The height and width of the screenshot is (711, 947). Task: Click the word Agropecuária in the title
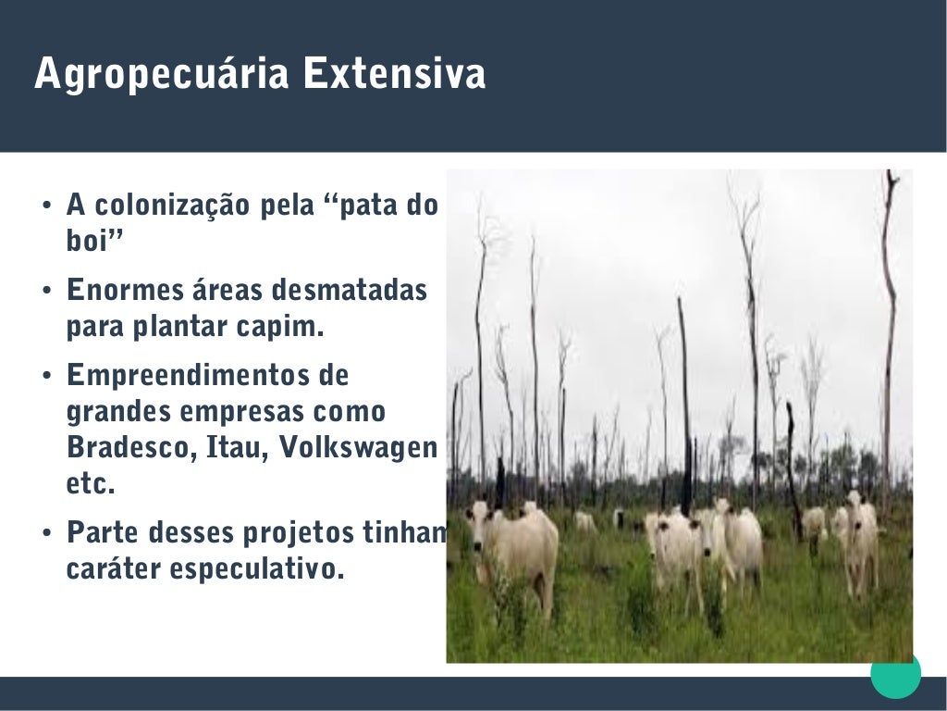pos(161,74)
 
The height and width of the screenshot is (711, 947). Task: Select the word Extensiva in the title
pos(394,73)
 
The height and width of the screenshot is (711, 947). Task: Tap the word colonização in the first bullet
pos(173,206)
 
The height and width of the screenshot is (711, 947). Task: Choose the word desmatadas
pos(349,290)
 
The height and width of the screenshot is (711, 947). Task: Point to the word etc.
pos(91,483)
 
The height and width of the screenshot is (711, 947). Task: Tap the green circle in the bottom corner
pos(895,673)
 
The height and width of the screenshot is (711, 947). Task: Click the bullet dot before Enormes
pos(47,291)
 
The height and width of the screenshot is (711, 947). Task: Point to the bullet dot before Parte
pos(47,533)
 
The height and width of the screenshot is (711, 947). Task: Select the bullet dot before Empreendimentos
pos(47,376)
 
